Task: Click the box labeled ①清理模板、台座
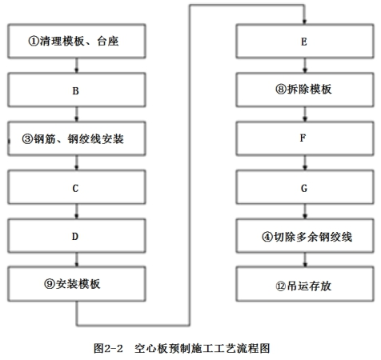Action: pyautogui.click(x=77, y=41)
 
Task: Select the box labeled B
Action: pyautogui.click(x=77, y=90)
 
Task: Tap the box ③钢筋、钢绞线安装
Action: pyautogui.click(x=77, y=138)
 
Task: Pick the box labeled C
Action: pyautogui.click(x=77, y=187)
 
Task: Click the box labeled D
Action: pyautogui.click(x=77, y=236)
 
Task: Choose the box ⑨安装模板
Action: pyautogui.click(x=77, y=284)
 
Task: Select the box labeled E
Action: pyautogui.click(x=305, y=41)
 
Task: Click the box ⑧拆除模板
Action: pyautogui.click(x=305, y=90)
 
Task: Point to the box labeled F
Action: pyautogui.click(x=305, y=138)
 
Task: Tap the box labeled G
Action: pyautogui.click(x=305, y=187)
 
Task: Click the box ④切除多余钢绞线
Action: pyautogui.click(x=305, y=236)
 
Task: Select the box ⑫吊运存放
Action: pyautogui.click(x=305, y=284)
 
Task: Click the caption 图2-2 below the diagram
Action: pyautogui.click(x=108, y=348)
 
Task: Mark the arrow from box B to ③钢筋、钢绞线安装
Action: pyautogui.click(x=77, y=114)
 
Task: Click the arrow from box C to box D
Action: pyautogui.click(x=77, y=211)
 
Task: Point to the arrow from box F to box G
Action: pyautogui.click(x=305, y=163)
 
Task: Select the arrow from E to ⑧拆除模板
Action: pyautogui.click(x=305, y=66)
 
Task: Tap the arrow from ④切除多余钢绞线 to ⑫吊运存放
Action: pyautogui.click(x=305, y=259)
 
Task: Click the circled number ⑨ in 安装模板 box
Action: pyautogui.click(x=50, y=284)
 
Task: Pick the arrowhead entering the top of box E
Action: pyautogui.click(x=304, y=22)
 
